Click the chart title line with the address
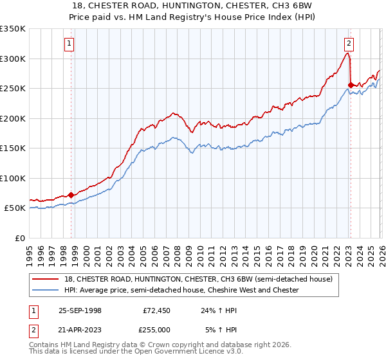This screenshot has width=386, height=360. click(x=193, y=5)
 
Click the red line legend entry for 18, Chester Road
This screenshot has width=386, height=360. click(x=198, y=279)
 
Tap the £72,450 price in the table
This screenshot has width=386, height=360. click(x=154, y=310)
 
